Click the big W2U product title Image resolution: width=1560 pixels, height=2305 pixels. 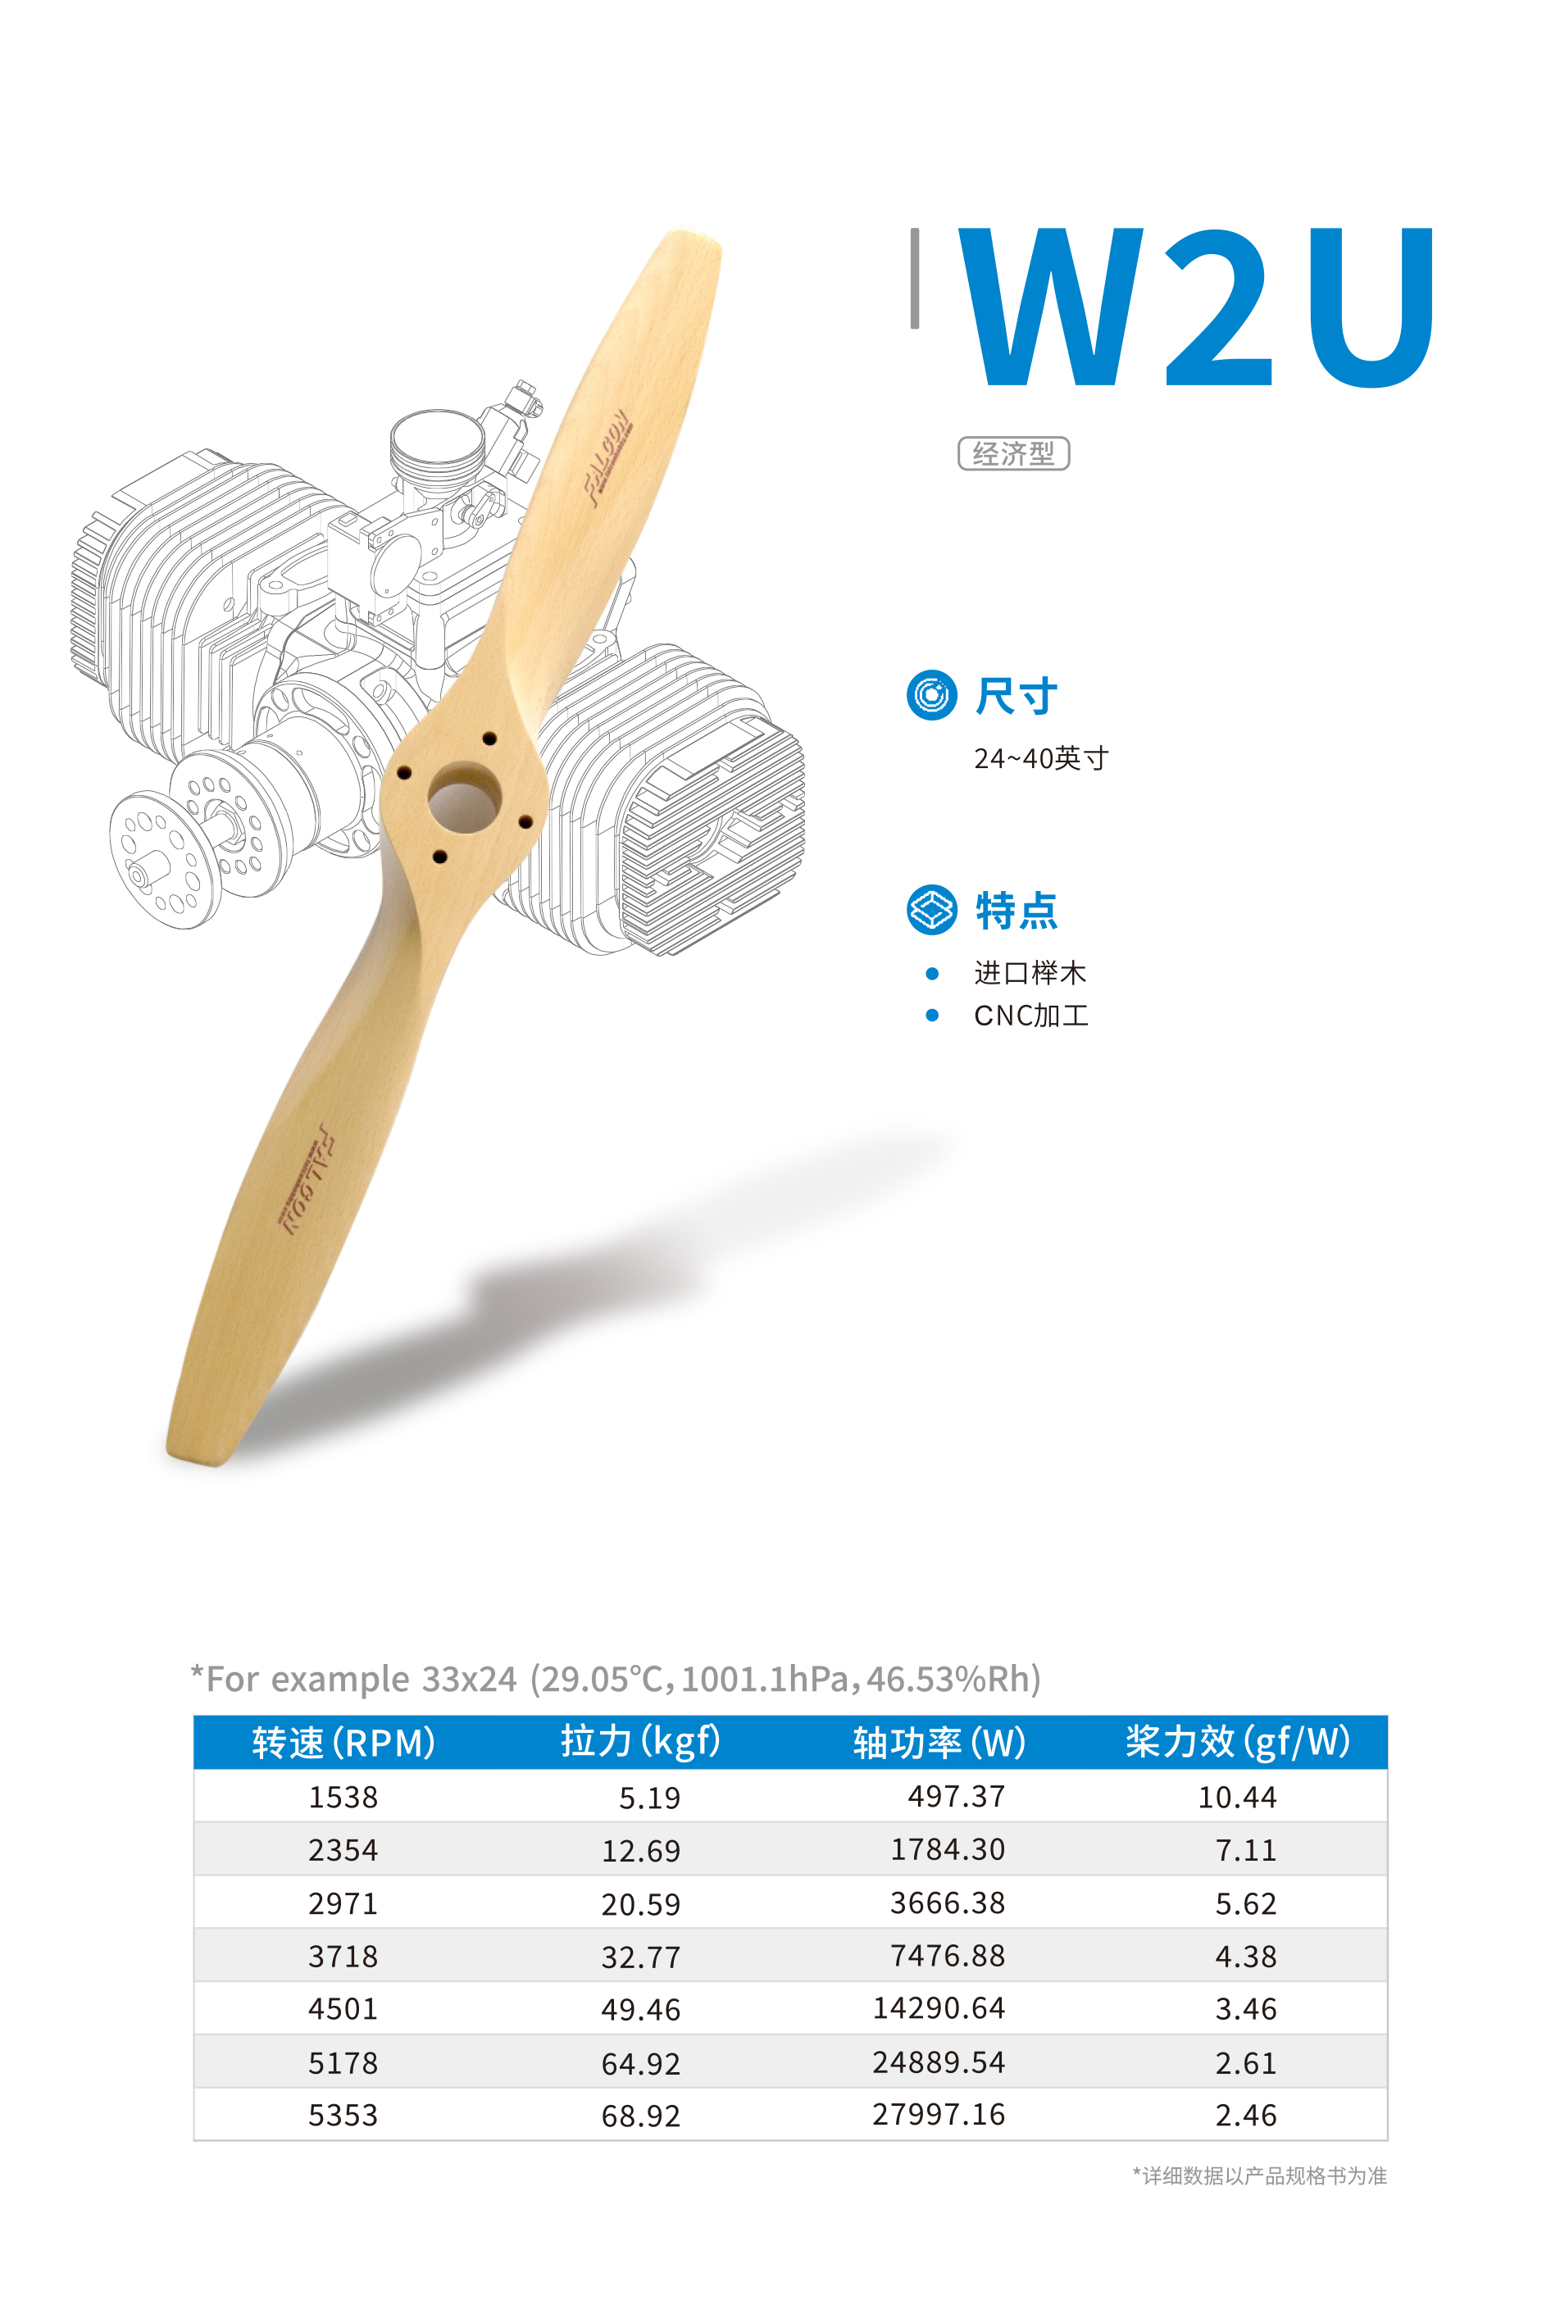[1194, 307]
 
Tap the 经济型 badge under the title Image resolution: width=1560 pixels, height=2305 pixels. [1012, 453]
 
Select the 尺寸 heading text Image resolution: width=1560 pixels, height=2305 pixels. [1016, 695]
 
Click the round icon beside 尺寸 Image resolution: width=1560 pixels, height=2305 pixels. [931, 694]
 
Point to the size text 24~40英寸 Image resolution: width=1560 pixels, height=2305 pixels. [1040, 759]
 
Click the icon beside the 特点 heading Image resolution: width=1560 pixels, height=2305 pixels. [931, 910]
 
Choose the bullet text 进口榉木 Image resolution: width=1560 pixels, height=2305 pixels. [1030, 973]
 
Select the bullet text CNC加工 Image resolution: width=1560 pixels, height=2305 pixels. [1030, 1016]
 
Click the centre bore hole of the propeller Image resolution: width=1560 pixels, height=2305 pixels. [464, 798]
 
